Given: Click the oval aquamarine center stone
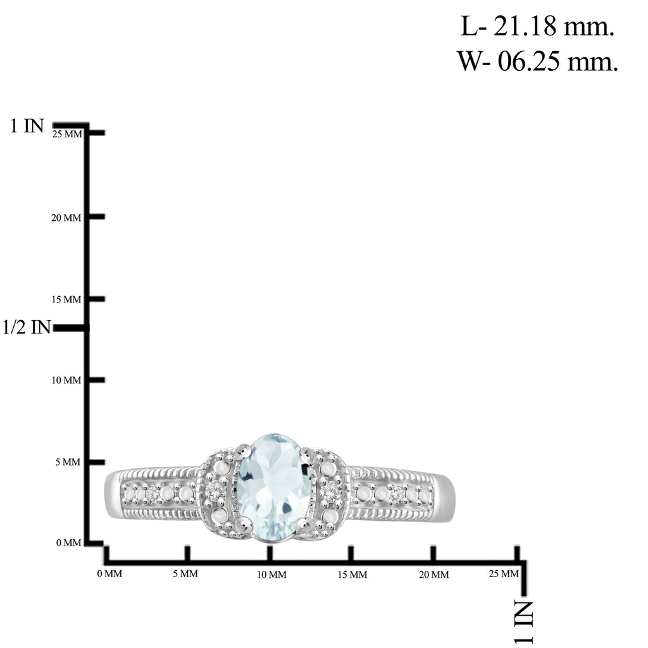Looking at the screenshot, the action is (273, 488).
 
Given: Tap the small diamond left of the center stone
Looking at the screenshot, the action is (216, 491).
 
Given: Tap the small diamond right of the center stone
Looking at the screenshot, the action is (330, 491).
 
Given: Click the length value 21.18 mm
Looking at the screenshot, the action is (537, 27).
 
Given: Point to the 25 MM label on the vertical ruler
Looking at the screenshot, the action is (67, 134).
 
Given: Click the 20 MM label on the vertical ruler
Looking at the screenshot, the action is (66, 218).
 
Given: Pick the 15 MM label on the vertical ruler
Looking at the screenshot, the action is (66, 299).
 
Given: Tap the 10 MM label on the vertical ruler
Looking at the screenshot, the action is (66, 380).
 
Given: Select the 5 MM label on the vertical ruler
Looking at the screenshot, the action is (68, 462).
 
